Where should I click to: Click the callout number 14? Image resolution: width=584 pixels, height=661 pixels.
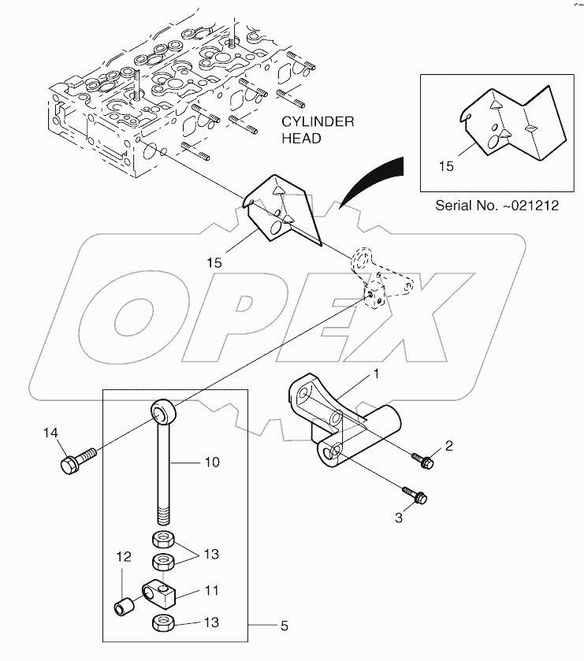click(50, 433)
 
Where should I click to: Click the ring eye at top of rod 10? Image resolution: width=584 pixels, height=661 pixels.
click(162, 410)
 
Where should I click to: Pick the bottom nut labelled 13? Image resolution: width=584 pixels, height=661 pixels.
click(162, 622)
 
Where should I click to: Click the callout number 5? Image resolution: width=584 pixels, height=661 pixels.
click(284, 628)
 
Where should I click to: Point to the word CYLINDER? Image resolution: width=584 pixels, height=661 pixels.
click(318, 122)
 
